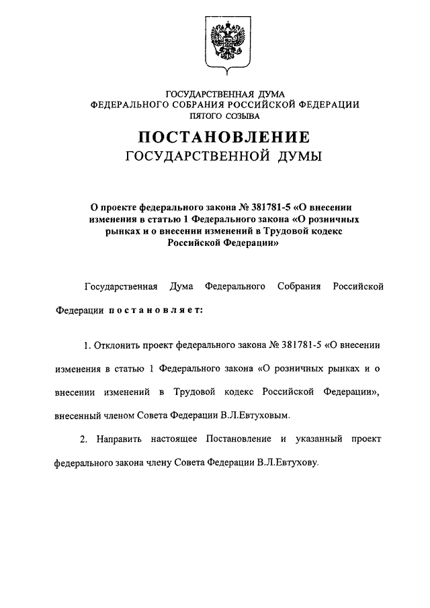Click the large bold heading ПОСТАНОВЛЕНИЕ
224,137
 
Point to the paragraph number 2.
83,439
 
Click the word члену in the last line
165,463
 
